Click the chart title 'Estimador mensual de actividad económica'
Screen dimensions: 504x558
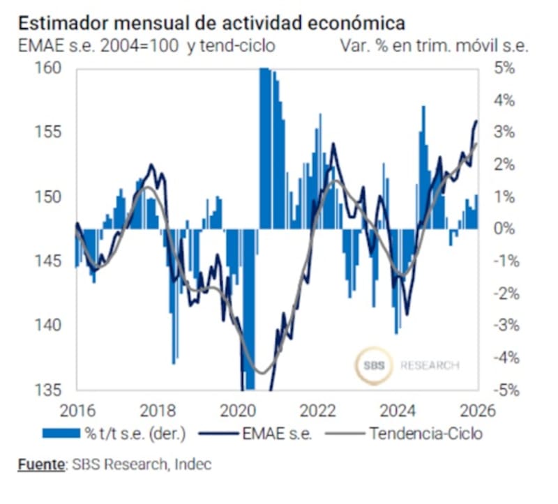tap(211, 23)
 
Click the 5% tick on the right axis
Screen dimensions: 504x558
tap(504, 68)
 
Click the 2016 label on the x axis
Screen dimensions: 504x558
tap(77, 410)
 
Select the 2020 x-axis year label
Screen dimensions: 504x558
tap(239, 410)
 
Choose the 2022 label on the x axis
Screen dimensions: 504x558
tap(318, 410)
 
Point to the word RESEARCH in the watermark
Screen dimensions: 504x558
tap(429, 365)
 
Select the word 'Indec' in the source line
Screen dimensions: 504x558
tap(195, 464)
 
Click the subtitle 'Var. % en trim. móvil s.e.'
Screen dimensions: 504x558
tap(435, 46)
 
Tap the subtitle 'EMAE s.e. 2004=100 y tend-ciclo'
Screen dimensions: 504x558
tap(146, 46)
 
